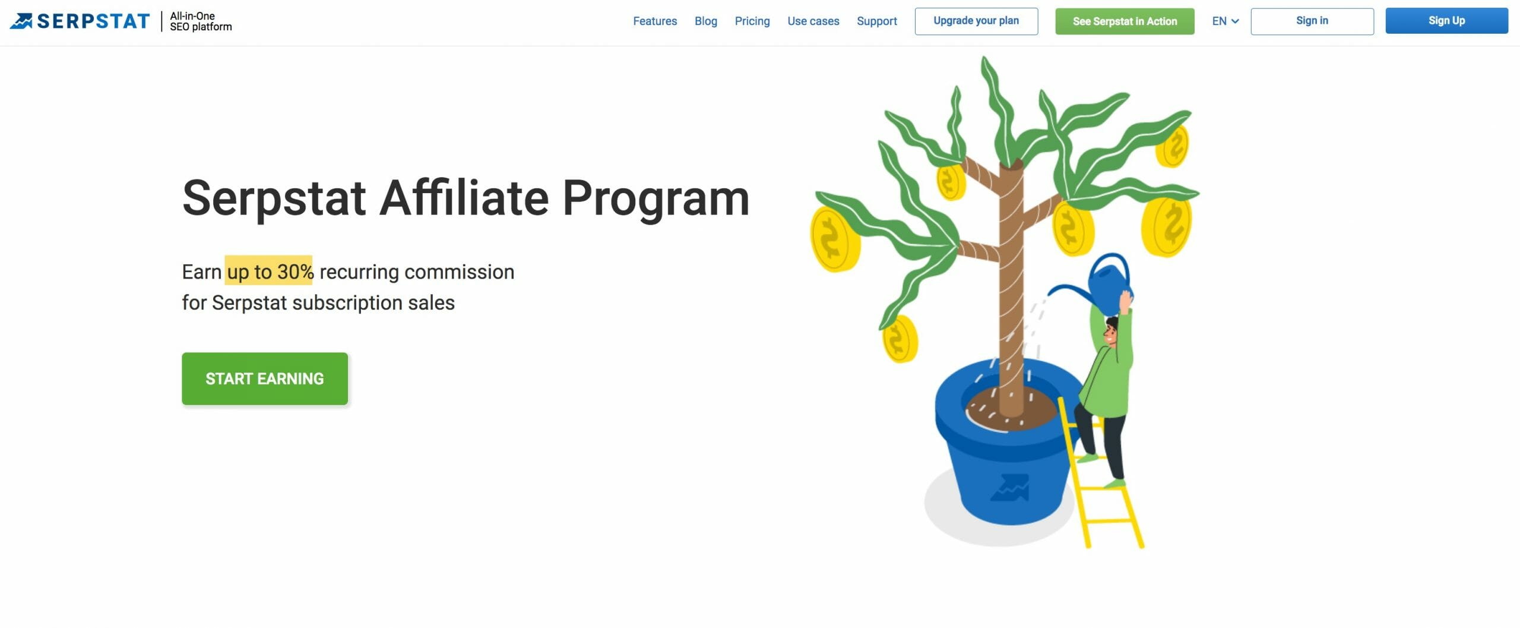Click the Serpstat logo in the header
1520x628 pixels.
[x=80, y=21]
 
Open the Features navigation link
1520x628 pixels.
[x=655, y=21]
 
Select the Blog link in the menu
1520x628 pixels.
[x=706, y=21]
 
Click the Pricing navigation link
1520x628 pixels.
[x=752, y=21]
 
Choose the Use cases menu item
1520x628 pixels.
[x=813, y=21]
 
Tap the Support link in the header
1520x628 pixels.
[x=877, y=21]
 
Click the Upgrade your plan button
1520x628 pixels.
[x=976, y=21]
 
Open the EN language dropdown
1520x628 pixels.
[x=1225, y=21]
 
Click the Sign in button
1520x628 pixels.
[x=1312, y=21]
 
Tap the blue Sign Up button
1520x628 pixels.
[x=1446, y=21]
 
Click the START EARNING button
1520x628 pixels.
[x=265, y=378]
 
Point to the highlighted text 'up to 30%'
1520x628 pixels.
[x=270, y=272]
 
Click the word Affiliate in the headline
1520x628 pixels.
[x=464, y=198]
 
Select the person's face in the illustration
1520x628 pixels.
[x=1110, y=333]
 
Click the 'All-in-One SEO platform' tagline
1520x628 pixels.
[x=201, y=21]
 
